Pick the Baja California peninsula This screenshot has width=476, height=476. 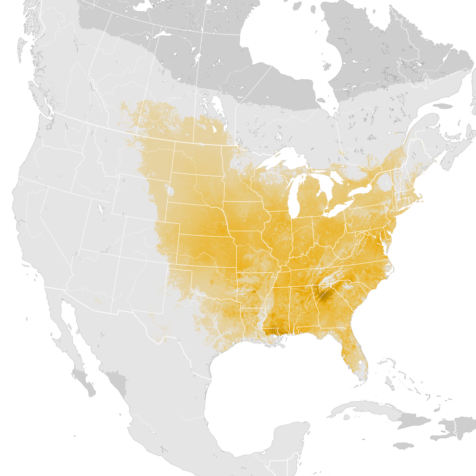point(75,349)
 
